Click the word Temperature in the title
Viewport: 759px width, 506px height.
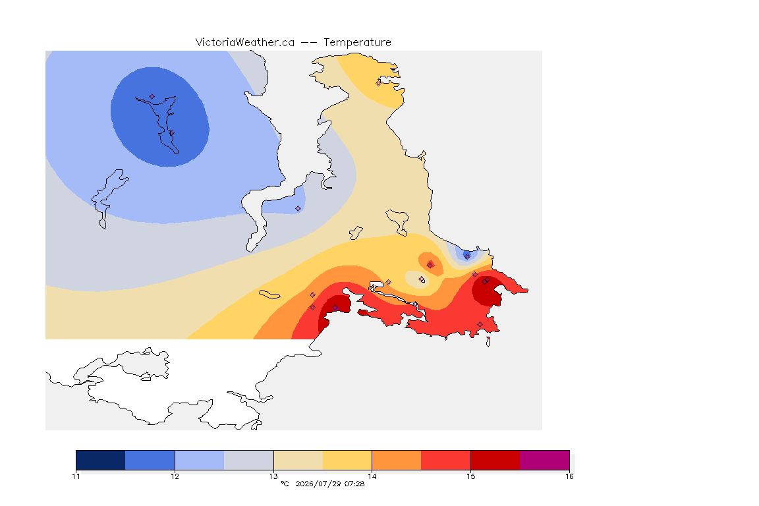coord(357,43)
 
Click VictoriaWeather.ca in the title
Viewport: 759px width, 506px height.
coord(245,43)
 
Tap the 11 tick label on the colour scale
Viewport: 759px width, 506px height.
coord(76,476)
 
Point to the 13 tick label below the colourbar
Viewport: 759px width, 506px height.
coord(273,476)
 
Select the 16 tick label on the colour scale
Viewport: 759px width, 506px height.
coord(569,476)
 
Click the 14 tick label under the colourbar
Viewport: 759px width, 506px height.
coord(372,476)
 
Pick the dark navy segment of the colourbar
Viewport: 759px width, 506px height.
coord(101,460)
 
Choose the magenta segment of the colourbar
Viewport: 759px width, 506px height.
coord(545,460)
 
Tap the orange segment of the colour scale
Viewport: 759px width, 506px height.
coord(397,460)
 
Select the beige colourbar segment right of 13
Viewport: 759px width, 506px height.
coord(298,460)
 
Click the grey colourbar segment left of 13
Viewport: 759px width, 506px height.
coord(249,460)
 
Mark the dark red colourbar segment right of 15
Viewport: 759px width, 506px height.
coord(495,460)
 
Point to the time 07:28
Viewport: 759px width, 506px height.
coord(354,484)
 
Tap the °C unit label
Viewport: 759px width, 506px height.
coord(285,484)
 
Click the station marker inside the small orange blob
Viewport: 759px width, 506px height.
coord(430,265)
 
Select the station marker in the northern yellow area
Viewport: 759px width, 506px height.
coord(379,83)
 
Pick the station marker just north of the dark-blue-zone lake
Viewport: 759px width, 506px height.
coord(152,96)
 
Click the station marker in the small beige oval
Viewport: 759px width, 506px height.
coord(422,279)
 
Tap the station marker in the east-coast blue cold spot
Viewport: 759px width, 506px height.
coord(467,256)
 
